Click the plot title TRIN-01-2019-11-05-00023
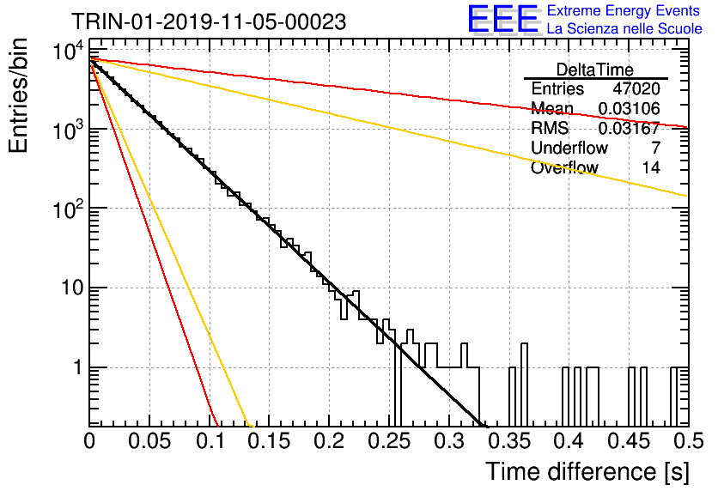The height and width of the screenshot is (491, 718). point(209,21)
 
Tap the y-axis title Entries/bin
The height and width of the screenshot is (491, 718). point(18,95)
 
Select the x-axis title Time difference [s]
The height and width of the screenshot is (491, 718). point(587,472)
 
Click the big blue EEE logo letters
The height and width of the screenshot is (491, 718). point(504,19)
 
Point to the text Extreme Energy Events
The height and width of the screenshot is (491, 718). point(624,10)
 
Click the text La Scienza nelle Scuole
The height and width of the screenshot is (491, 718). point(624,28)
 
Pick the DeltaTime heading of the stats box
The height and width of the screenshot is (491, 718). point(595,70)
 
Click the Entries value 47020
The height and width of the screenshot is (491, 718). point(636,88)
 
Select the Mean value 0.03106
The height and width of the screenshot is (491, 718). point(630,108)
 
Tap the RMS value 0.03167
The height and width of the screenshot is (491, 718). point(630,128)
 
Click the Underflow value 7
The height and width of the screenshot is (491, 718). point(655,148)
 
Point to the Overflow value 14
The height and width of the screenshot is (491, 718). point(651,167)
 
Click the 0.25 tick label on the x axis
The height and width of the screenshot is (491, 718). point(389,441)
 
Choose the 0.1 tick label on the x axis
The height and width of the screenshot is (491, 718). point(211,441)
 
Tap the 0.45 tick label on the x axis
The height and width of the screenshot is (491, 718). point(629,441)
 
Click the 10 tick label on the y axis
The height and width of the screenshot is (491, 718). point(73,288)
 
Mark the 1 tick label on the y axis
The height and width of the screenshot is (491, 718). point(78,367)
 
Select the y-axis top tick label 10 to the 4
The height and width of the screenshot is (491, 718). point(68,51)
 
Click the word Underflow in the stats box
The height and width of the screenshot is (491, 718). point(569,148)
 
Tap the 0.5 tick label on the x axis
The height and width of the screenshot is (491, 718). point(688,441)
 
